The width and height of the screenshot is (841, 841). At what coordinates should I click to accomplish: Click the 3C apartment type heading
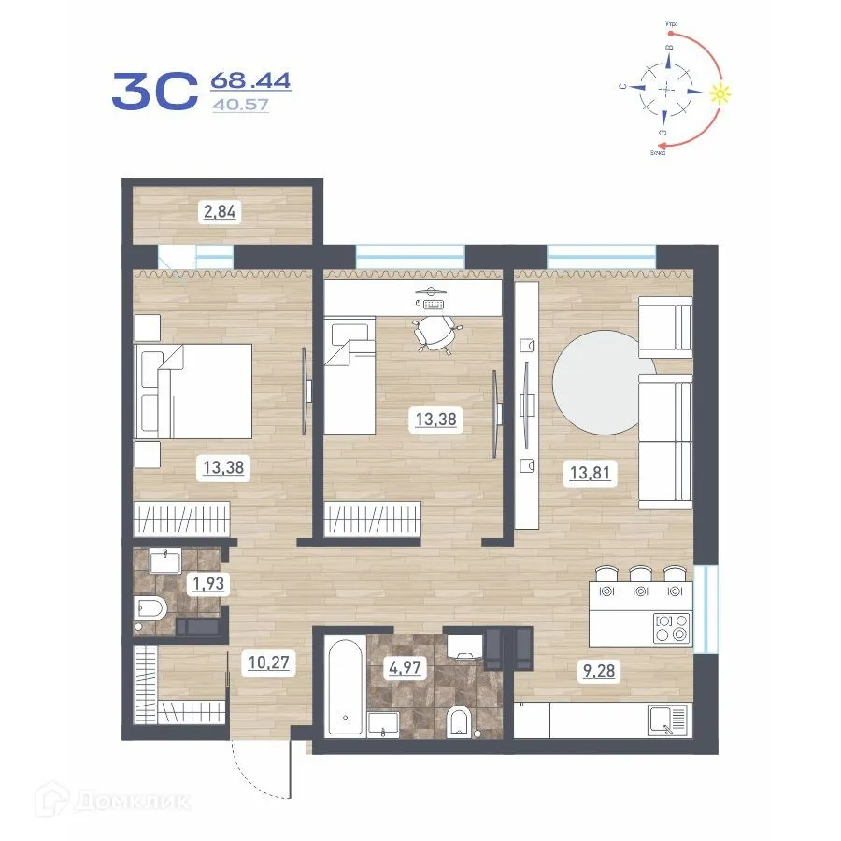coord(154,91)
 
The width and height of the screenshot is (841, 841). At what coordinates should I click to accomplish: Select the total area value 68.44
coord(251,80)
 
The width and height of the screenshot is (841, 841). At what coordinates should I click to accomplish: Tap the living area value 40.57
coord(240,105)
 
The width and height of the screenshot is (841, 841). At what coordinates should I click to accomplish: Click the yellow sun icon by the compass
coord(719,93)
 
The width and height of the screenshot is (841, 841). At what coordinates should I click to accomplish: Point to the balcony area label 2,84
coord(221,212)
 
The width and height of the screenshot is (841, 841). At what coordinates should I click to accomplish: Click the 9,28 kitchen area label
coord(602,670)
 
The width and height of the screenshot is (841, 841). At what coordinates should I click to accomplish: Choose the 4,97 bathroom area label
coord(406,667)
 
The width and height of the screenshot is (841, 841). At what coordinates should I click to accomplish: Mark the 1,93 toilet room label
coord(207,586)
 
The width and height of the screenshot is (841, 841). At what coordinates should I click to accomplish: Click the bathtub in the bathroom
coord(346,689)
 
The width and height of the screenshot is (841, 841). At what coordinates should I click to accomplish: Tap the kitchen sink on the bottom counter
coord(665,720)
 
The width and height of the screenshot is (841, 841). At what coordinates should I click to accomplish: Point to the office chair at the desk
coord(437,333)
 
